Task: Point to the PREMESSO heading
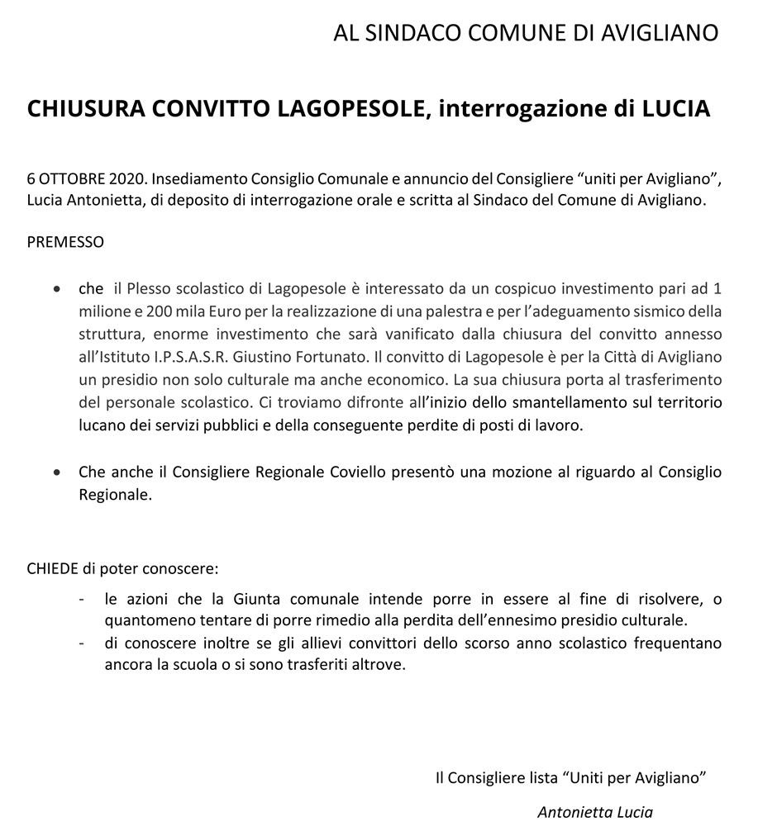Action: [x=65, y=242]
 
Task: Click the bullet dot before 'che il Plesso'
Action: [x=56, y=290]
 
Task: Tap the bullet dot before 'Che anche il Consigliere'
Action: [x=56, y=473]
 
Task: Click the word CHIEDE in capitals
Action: [x=52, y=569]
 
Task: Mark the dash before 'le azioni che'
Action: [x=81, y=599]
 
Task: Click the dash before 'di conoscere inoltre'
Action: [x=81, y=643]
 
